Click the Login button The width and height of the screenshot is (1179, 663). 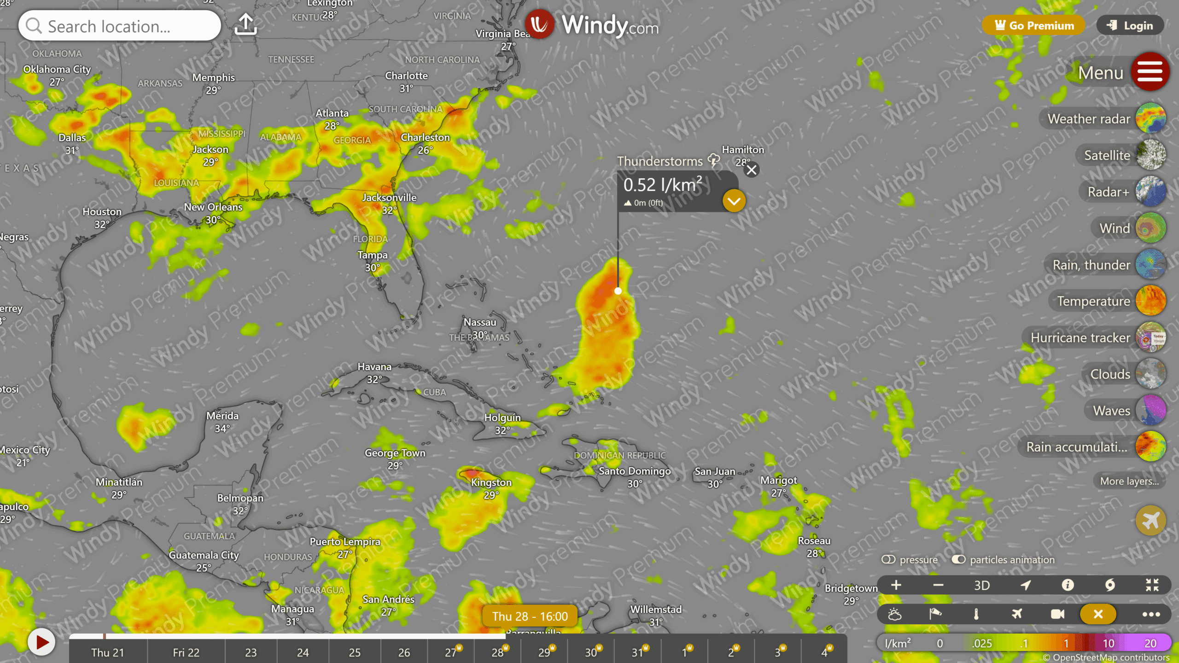click(x=1131, y=26)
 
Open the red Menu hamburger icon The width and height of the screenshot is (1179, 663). click(x=1150, y=72)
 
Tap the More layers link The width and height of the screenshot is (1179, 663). click(x=1129, y=481)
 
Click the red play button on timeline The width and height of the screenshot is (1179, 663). click(x=41, y=642)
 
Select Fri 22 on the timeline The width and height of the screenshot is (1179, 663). click(x=186, y=652)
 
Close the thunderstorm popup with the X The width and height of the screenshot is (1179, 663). click(x=752, y=170)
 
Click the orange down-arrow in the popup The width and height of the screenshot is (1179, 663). click(x=734, y=201)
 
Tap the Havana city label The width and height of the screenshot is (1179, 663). click(x=374, y=367)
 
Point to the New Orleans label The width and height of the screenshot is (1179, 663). click(x=213, y=207)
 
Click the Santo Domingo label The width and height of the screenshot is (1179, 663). click(x=634, y=471)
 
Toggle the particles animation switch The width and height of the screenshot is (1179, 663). click(x=959, y=559)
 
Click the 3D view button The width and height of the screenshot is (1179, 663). click(x=981, y=585)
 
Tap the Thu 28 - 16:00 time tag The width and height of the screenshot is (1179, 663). click(x=530, y=616)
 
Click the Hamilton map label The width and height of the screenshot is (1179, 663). click(x=742, y=150)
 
